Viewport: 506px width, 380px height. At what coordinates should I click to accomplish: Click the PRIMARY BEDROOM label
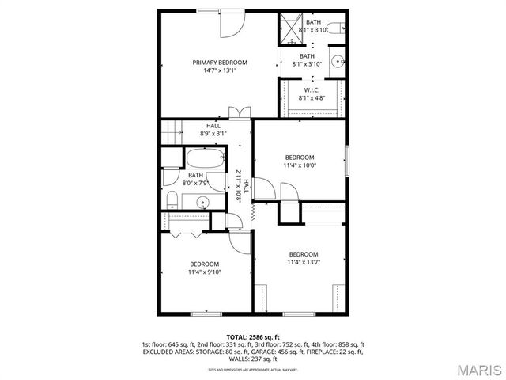(x=220, y=63)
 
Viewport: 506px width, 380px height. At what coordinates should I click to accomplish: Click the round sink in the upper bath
(x=338, y=60)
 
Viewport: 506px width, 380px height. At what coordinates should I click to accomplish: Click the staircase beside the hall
(x=171, y=131)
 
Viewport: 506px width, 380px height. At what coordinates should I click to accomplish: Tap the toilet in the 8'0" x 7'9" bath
(x=172, y=196)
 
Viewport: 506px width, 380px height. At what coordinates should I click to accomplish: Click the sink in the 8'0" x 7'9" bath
(x=202, y=202)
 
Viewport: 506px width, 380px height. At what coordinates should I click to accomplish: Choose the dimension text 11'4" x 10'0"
(x=300, y=166)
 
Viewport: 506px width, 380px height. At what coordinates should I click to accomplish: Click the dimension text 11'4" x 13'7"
(x=303, y=262)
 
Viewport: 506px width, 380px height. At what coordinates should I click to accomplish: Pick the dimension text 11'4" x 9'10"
(x=204, y=272)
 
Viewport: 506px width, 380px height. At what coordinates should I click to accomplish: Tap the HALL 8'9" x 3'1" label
(x=213, y=130)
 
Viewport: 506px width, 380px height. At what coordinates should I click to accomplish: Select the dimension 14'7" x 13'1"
(x=220, y=70)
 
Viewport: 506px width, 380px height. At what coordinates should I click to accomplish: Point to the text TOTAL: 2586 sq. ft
(x=253, y=337)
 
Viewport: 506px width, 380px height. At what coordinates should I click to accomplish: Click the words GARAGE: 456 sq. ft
(x=289, y=351)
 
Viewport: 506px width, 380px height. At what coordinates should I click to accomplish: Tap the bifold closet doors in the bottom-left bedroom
(x=184, y=234)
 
